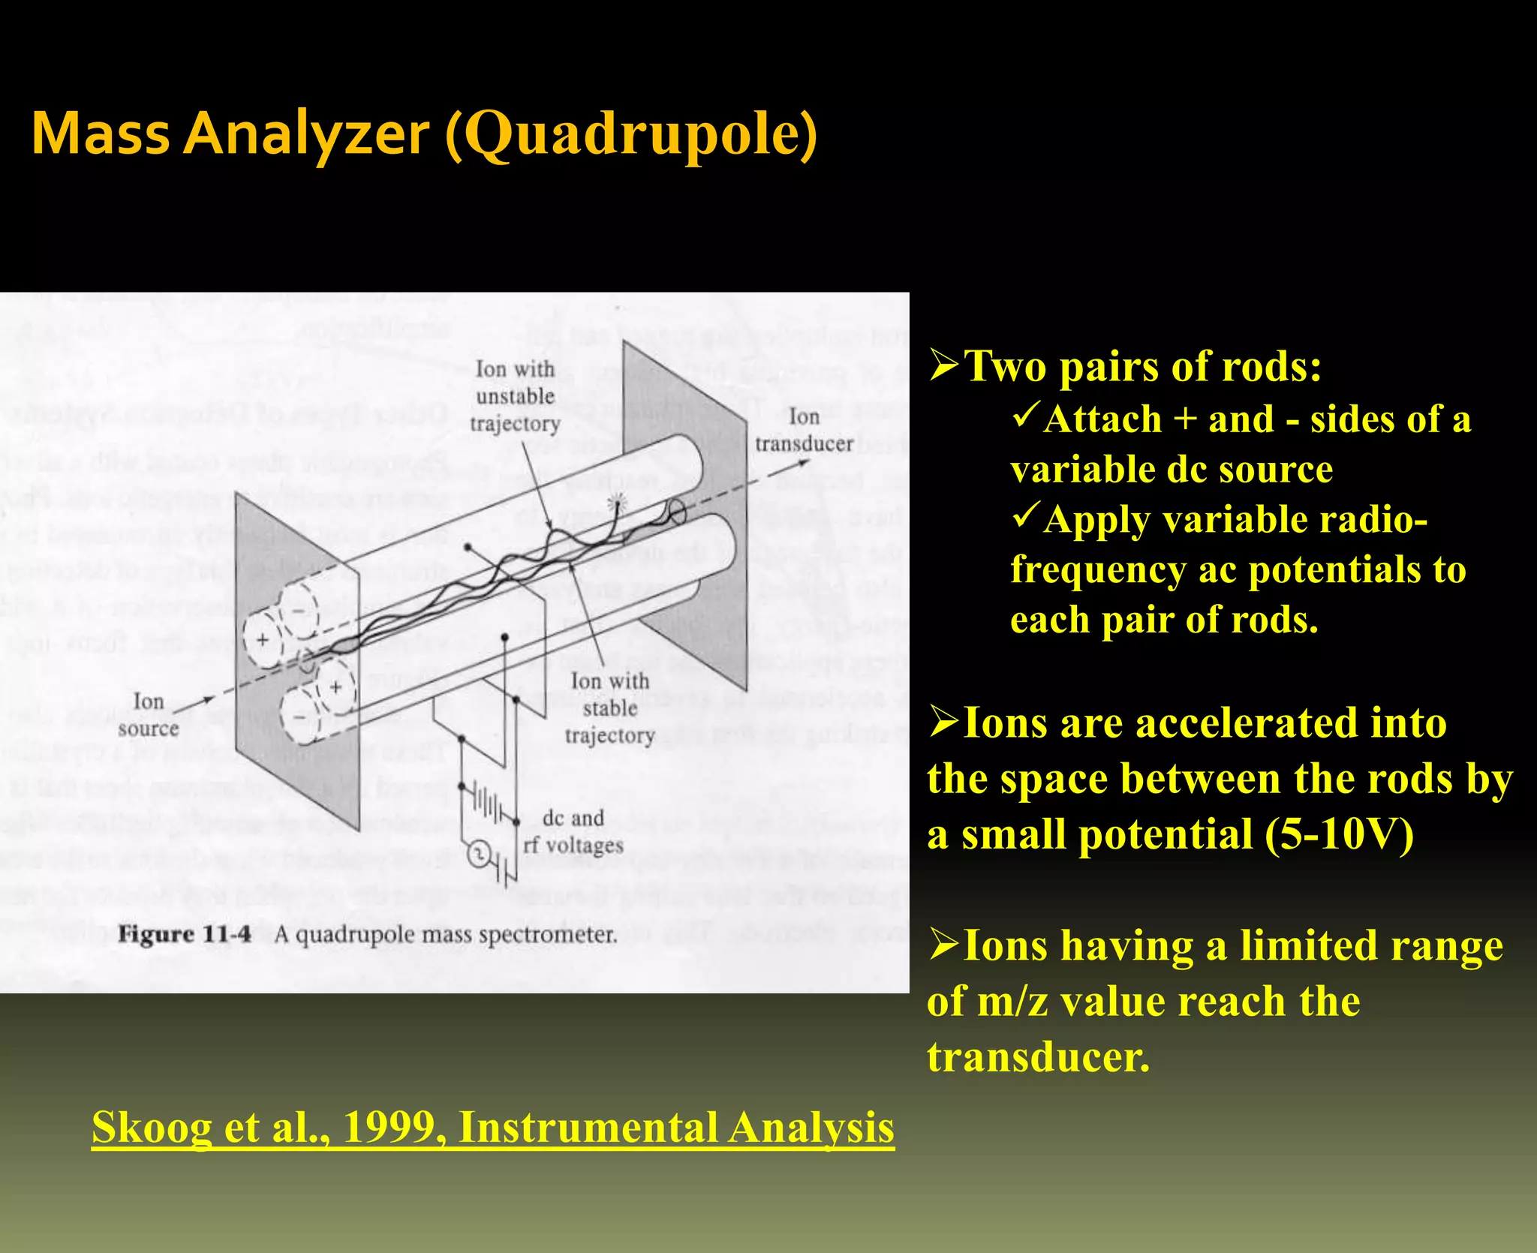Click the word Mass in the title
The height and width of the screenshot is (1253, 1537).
point(101,135)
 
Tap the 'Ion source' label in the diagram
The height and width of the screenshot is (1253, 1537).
point(149,715)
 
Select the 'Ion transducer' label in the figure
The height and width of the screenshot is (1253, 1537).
point(804,431)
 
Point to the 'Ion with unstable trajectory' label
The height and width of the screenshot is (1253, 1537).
point(516,396)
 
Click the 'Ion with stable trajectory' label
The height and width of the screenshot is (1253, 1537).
point(609,708)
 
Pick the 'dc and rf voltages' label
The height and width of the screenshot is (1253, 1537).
point(574,831)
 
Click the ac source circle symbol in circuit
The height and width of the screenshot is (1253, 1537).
point(479,855)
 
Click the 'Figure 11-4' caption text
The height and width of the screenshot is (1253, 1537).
point(185,935)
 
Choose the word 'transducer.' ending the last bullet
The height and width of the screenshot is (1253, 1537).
point(1038,1057)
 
